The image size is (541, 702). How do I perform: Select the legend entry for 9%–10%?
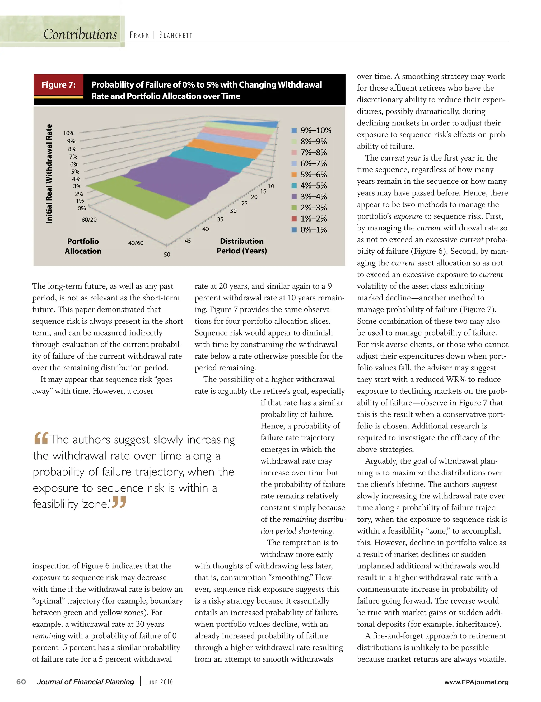click(311, 130)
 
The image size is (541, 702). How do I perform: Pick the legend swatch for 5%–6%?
click(294, 175)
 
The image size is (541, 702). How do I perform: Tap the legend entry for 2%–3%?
click(311, 208)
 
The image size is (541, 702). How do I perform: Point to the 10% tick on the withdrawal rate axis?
click(68, 133)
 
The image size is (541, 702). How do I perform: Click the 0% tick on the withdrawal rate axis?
click(82, 208)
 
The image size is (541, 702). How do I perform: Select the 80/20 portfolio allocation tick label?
click(89, 220)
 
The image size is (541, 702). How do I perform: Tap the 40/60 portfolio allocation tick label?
click(136, 243)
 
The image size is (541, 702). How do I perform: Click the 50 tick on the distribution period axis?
click(167, 255)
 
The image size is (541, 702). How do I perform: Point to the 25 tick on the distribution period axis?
click(244, 204)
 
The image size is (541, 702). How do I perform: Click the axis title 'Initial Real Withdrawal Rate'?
click(49, 173)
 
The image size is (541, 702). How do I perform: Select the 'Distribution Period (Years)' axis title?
click(241, 246)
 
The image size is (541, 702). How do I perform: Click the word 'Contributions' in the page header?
click(80, 34)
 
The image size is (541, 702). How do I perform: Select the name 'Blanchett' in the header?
click(176, 35)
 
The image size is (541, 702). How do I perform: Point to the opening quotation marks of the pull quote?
click(41, 437)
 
